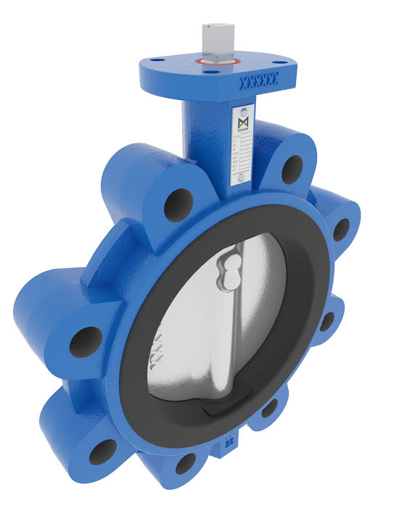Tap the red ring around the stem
tap(216, 64)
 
